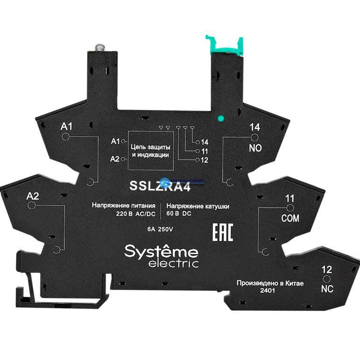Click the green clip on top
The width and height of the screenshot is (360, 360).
(x=226, y=45)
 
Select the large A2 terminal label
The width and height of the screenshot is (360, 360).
(x=34, y=196)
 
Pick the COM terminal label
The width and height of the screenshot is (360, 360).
(x=290, y=218)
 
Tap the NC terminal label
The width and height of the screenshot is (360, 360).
(x=327, y=289)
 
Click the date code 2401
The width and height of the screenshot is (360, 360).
(x=253, y=291)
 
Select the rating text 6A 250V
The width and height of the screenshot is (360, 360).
(x=160, y=229)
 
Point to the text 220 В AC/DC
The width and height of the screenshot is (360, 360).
(x=136, y=215)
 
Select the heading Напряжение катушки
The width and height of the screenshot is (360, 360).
(x=198, y=206)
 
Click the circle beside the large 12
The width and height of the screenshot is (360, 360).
(x=326, y=278)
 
